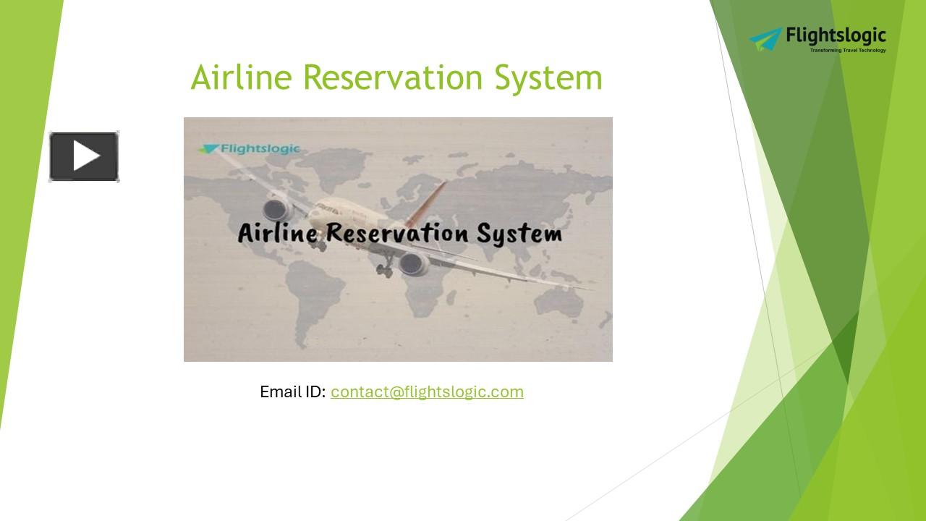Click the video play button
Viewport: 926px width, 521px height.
(x=84, y=156)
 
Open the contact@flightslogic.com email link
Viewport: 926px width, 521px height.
(x=427, y=392)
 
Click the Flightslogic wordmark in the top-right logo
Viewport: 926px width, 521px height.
(x=836, y=36)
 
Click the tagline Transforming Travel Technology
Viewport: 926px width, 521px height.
(x=847, y=51)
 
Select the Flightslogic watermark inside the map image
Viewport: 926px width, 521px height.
(x=250, y=149)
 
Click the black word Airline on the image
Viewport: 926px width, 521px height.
(x=277, y=233)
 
